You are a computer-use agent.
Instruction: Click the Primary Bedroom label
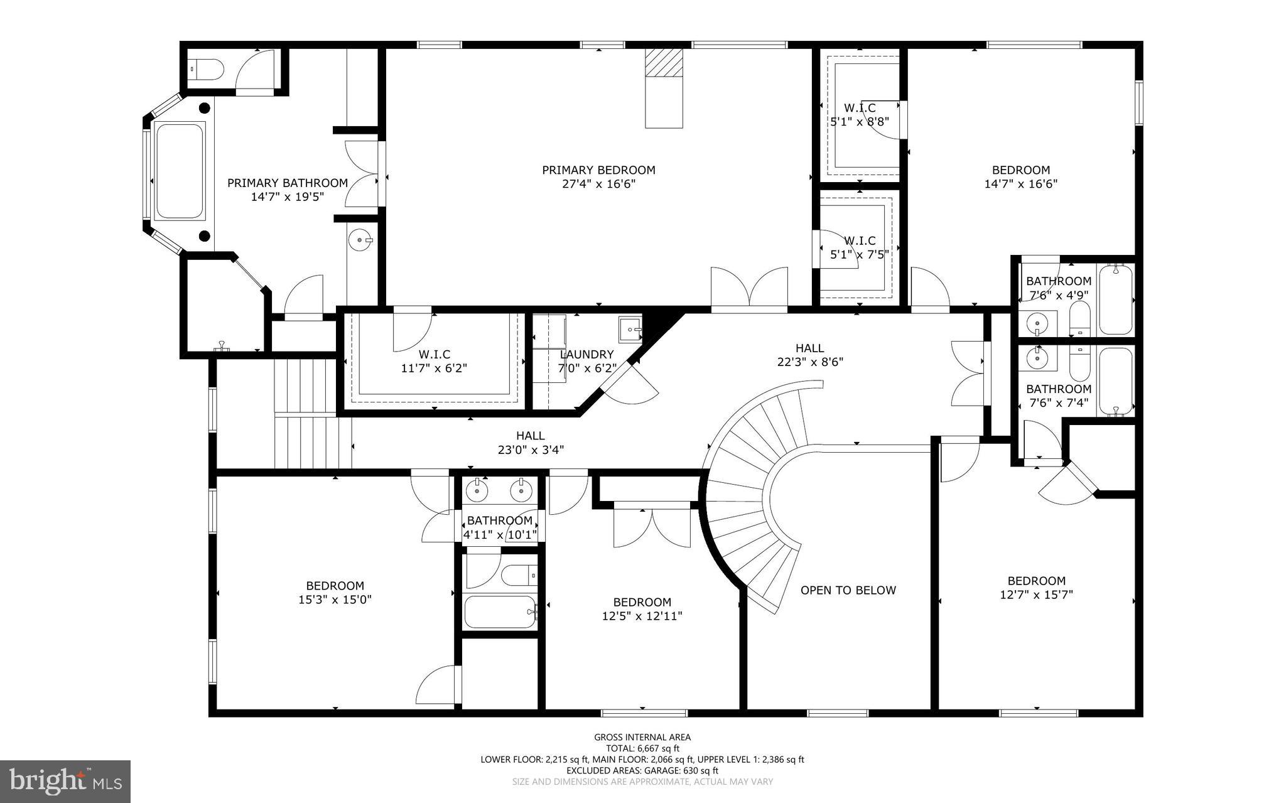(598, 170)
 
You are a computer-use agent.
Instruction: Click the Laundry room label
(586, 354)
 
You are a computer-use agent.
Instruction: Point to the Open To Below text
(848, 590)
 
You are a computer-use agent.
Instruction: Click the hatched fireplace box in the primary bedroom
(663, 63)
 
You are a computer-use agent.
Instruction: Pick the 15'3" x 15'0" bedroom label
(335, 593)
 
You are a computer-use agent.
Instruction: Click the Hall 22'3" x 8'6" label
(809, 355)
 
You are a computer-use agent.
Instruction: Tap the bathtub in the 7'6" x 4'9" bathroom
(1115, 299)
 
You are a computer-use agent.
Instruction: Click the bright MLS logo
(65, 781)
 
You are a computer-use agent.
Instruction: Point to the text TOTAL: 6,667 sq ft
(642, 748)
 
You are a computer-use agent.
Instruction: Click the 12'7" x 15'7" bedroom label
(1036, 587)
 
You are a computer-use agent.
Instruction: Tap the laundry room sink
(630, 328)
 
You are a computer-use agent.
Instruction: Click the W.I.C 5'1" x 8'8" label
(860, 115)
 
